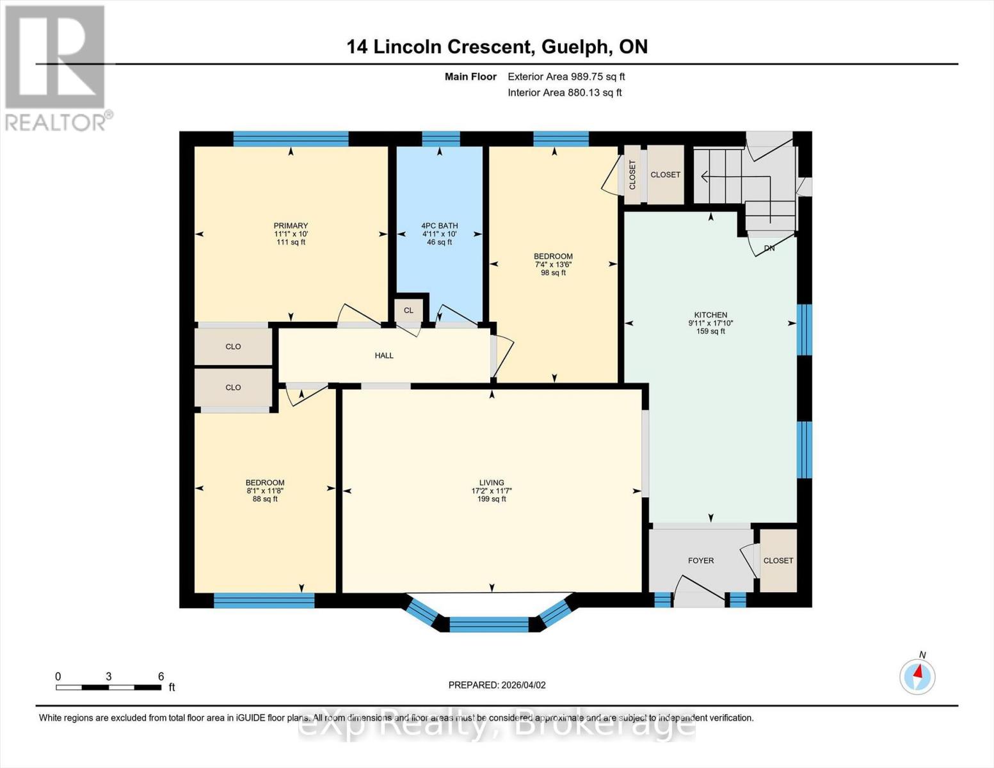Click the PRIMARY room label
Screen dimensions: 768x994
(x=291, y=225)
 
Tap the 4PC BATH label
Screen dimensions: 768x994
(x=439, y=225)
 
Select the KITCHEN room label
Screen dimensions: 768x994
(x=710, y=315)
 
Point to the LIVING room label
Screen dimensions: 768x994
(x=492, y=483)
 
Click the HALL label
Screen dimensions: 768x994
(x=384, y=355)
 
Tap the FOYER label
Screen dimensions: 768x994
(x=701, y=560)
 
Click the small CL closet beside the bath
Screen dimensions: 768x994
(x=408, y=310)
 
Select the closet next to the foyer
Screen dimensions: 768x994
(x=778, y=560)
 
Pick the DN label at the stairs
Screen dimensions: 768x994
(x=769, y=248)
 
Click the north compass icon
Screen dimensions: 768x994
(x=917, y=676)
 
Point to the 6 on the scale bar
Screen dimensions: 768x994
(x=161, y=676)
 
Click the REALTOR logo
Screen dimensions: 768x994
(x=56, y=67)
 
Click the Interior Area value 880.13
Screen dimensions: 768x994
(x=585, y=92)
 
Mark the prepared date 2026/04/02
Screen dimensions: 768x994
(x=524, y=685)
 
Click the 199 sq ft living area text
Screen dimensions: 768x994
(x=492, y=499)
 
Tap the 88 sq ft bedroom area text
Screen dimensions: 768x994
(x=265, y=499)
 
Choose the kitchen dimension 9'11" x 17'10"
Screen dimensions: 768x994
(x=710, y=323)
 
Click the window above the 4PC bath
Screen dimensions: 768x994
(x=440, y=139)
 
